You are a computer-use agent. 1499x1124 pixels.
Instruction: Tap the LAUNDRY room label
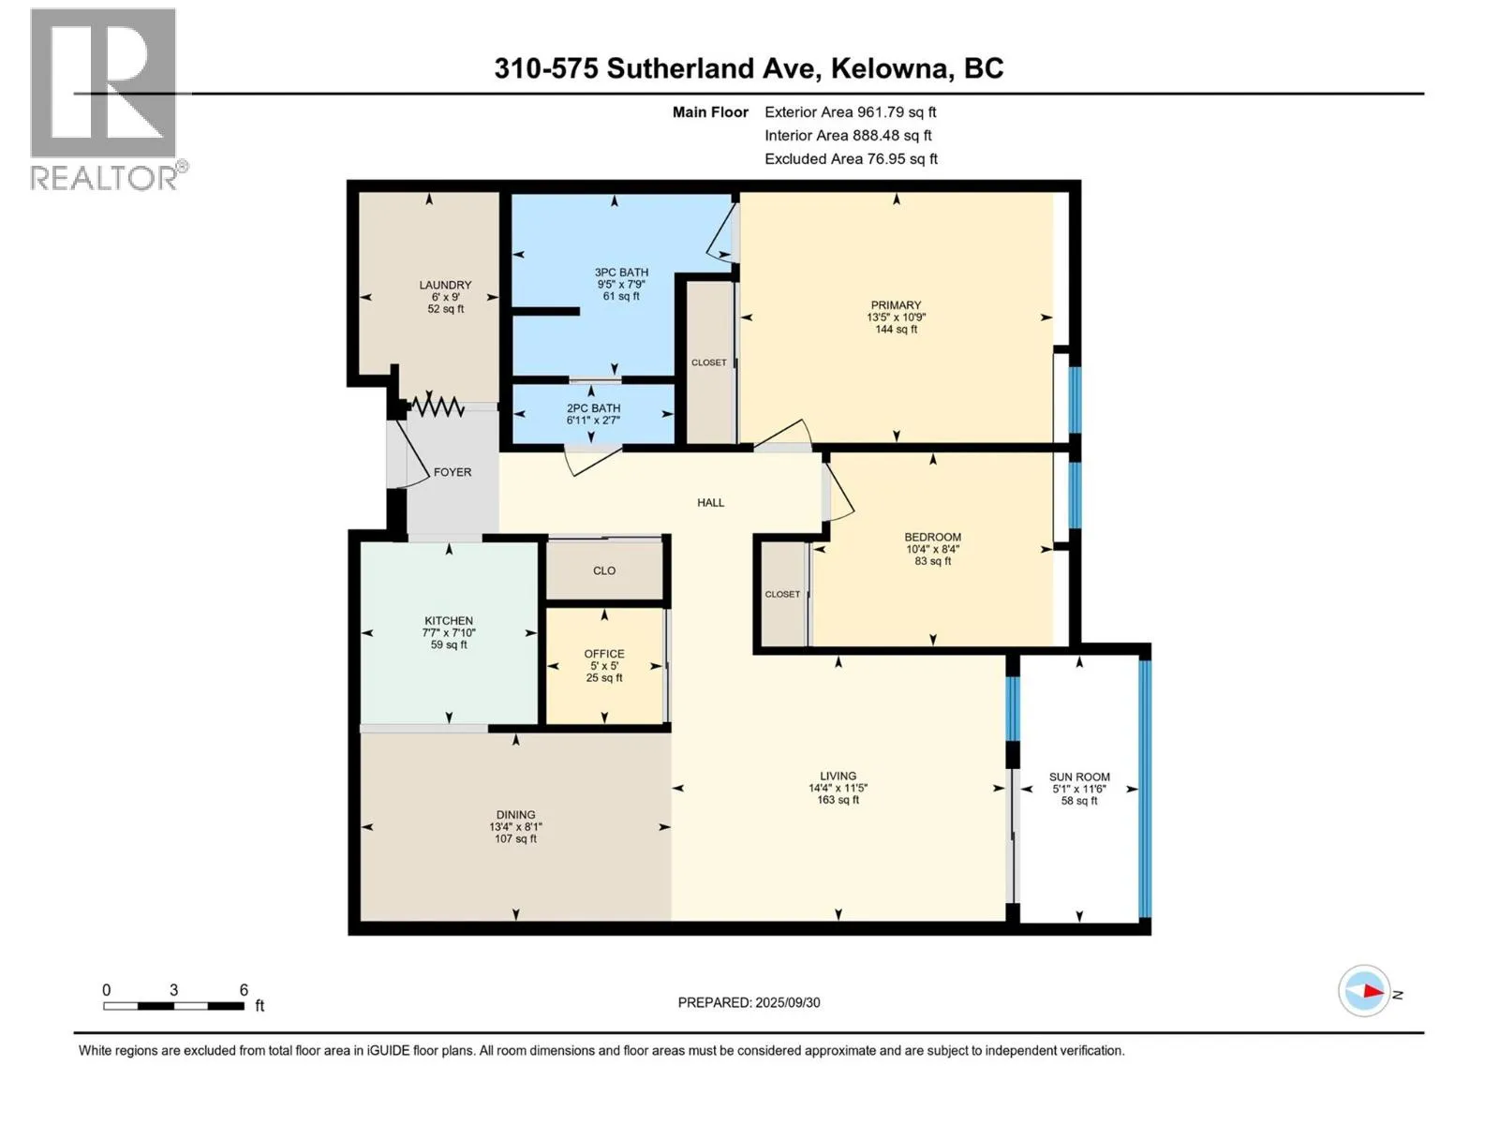point(445,285)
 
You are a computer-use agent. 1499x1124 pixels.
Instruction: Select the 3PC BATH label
point(621,273)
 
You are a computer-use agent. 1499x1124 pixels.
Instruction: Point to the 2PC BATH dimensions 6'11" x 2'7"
point(593,420)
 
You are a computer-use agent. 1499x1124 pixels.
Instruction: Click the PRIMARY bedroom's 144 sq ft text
point(896,329)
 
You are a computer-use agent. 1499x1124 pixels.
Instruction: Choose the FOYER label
point(453,471)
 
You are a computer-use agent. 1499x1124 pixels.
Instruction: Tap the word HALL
point(710,502)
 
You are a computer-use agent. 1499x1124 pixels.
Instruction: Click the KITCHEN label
point(449,620)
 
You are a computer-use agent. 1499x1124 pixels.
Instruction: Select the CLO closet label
point(603,569)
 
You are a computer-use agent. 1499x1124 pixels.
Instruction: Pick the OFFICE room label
point(603,653)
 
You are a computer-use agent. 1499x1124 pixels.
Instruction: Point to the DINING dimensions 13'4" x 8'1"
point(515,826)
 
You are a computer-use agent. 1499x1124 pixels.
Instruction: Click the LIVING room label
point(838,776)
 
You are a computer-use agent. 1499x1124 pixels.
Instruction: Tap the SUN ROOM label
point(1079,776)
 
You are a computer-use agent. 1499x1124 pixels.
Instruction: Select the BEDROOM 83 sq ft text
point(933,561)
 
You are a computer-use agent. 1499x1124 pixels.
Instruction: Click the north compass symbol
point(1364,990)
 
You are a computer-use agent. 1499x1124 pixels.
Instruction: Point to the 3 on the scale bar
point(173,990)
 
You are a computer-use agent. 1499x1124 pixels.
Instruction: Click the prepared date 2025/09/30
point(787,1002)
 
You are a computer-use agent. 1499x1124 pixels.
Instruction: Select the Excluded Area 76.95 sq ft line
point(851,159)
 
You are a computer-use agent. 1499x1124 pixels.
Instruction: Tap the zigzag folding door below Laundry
point(437,407)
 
